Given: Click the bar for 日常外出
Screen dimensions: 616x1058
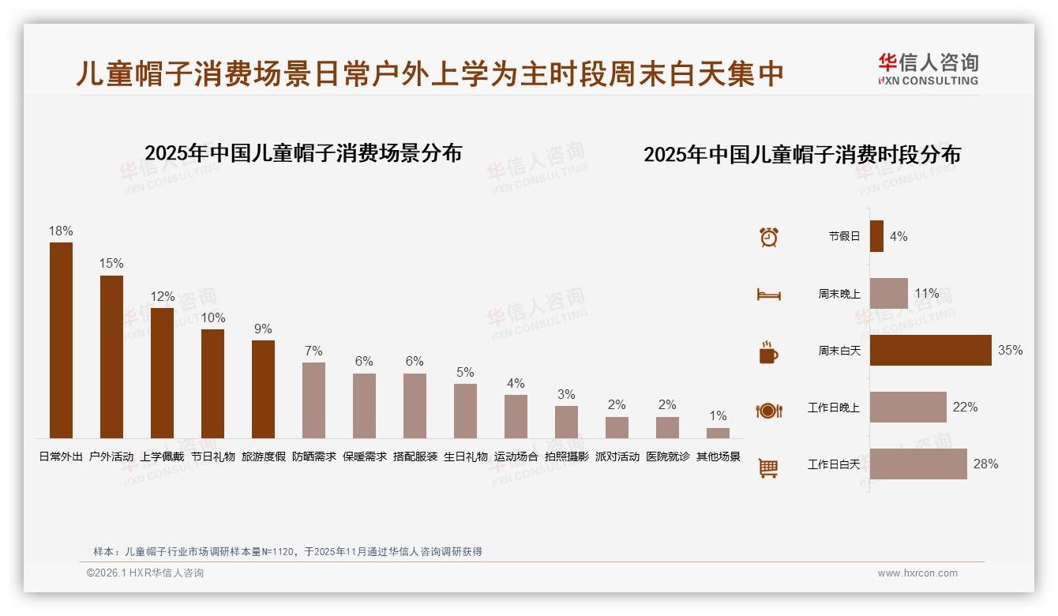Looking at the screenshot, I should [x=61, y=340].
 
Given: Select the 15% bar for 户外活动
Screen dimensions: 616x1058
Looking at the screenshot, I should [x=111, y=357].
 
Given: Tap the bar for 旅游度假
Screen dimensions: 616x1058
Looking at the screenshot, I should [x=264, y=389].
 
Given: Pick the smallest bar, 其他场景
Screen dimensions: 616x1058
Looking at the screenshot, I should [x=718, y=434].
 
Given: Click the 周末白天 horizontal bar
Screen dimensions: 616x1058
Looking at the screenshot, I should [x=930, y=351].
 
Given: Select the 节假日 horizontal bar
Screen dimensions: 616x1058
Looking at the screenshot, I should [x=876, y=236].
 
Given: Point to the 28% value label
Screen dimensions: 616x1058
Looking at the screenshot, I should [x=985, y=464].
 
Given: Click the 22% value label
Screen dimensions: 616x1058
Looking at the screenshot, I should [x=965, y=408].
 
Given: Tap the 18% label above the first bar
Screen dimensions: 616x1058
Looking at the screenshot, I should [x=61, y=231].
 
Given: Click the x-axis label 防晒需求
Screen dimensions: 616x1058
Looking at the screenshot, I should [x=314, y=456].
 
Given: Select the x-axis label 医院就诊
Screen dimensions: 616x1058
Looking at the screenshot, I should [x=667, y=456].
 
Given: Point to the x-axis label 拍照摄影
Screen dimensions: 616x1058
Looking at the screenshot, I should [x=566, y=456].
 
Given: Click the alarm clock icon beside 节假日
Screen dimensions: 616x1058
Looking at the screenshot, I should [x=768, y=237].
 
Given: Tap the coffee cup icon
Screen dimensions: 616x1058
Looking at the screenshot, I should [x=768, y=352].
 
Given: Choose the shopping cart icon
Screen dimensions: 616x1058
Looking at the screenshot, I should [x=768, y=468].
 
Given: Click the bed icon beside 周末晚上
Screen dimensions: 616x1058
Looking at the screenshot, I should [x=768, y=295].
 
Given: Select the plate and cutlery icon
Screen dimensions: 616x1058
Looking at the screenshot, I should [x=768, y=411].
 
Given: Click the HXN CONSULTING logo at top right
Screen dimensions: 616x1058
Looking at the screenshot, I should [x=928, y=69].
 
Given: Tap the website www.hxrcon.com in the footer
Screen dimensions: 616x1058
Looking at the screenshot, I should [x=917, y=573].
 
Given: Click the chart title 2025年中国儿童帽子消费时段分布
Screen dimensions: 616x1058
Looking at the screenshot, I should [x=802, y=155].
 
